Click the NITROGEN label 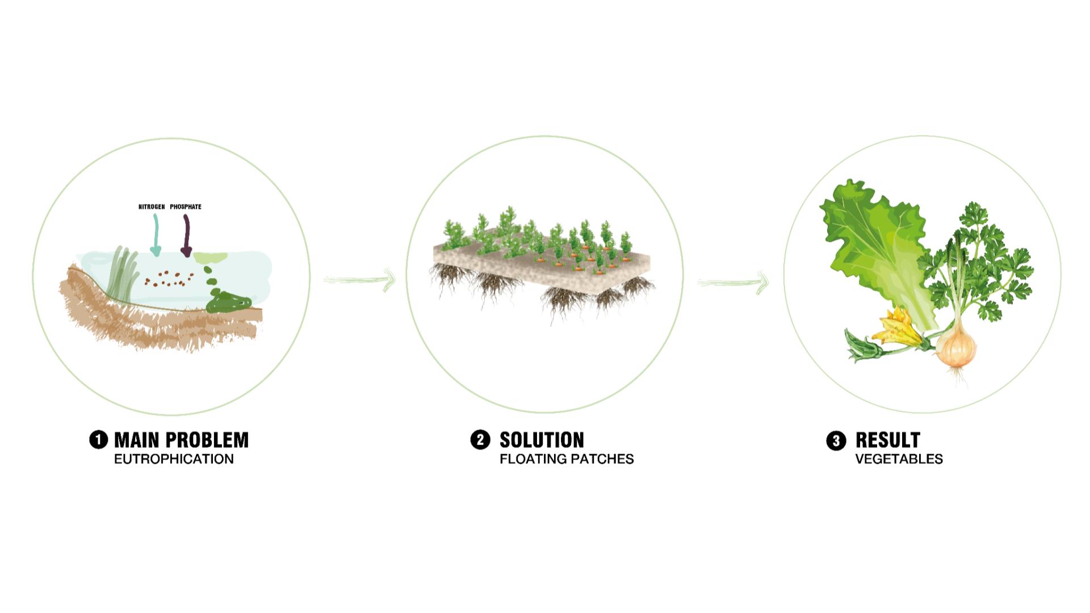click(152, 207)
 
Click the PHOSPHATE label click(186, 207)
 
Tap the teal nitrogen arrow click(155, 235)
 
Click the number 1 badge click(99, 440)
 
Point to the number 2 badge click(480, 440)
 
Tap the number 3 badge click(836, 440)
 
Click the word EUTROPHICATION click(174, 459)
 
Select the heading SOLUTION click(542, 440)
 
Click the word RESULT click(887, 440)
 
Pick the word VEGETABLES click(899, 459)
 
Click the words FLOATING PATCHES click(567, 459)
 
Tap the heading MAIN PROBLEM click(182, 440)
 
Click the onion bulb click(957, 347)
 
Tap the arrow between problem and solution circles click(359, 279)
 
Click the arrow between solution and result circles click(733, 282)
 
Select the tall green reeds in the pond click(126, 272)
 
